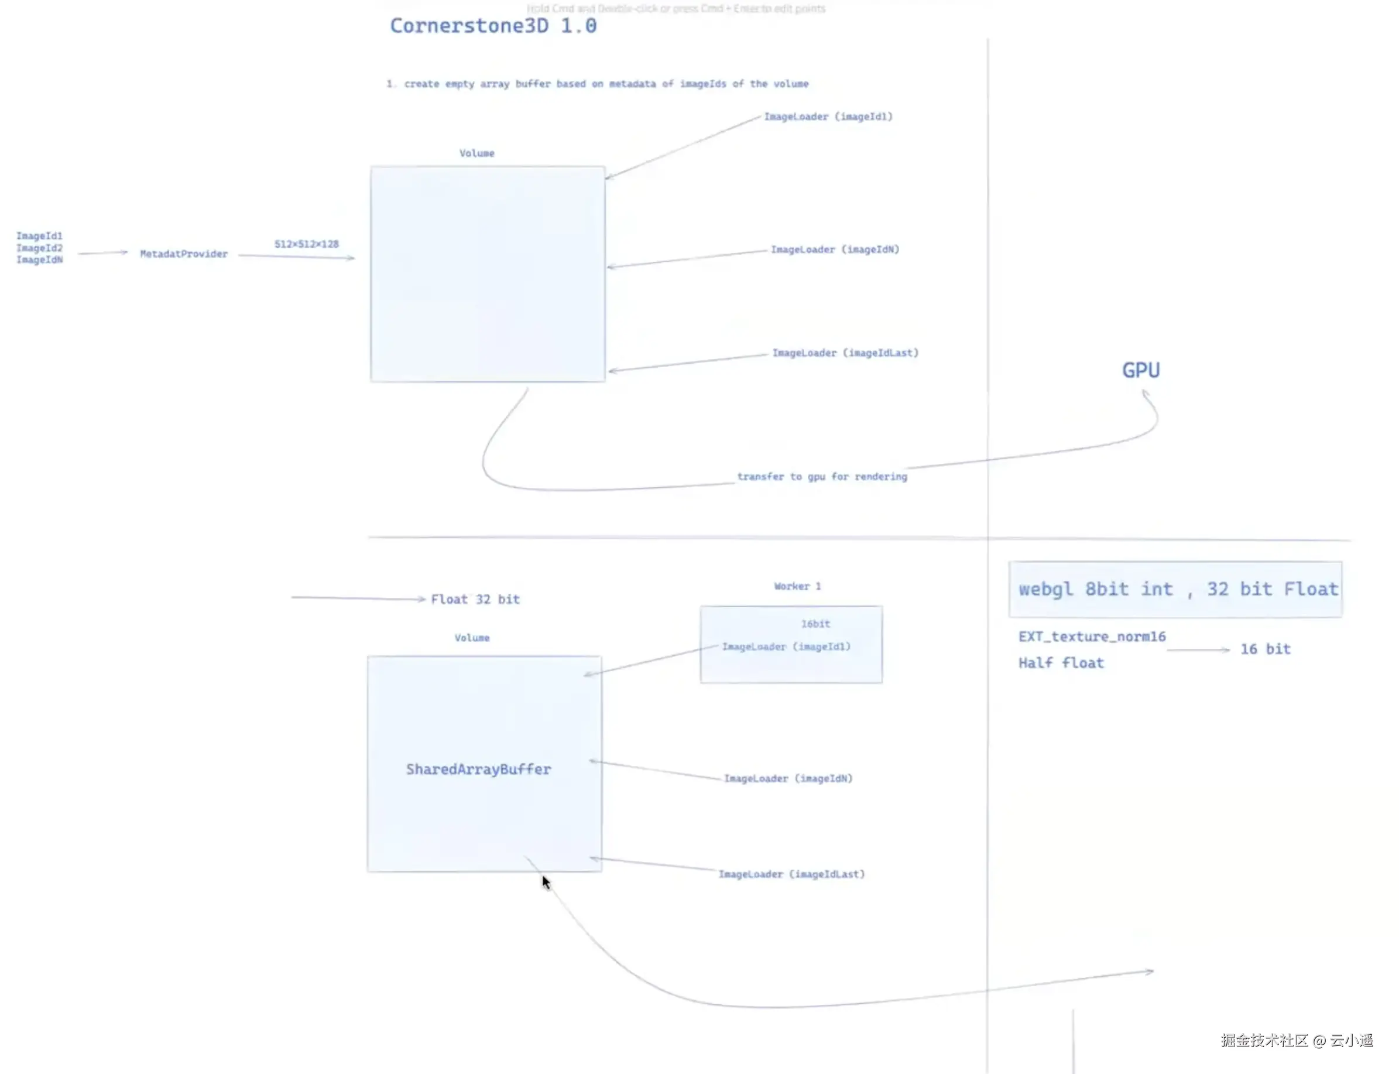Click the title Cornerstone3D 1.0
point(493,26)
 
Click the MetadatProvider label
point(183,254)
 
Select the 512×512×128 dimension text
point(306,244)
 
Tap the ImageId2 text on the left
point(39,248)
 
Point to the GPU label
point(1140,370)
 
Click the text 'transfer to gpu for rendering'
point(821,477)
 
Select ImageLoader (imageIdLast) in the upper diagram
point(845,353)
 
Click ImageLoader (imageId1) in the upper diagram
point(828,117)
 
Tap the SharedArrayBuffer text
point(478,769)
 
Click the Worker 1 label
point(797,586)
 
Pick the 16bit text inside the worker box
point(815,624)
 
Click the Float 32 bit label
point(475,600)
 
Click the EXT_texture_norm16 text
point(1092,637)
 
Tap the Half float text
point(1061,663)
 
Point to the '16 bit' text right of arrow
point(1265,649)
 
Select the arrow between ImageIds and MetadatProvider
point(102,253)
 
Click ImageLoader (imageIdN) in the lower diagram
point(787,779)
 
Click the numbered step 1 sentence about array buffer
point(598,84)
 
